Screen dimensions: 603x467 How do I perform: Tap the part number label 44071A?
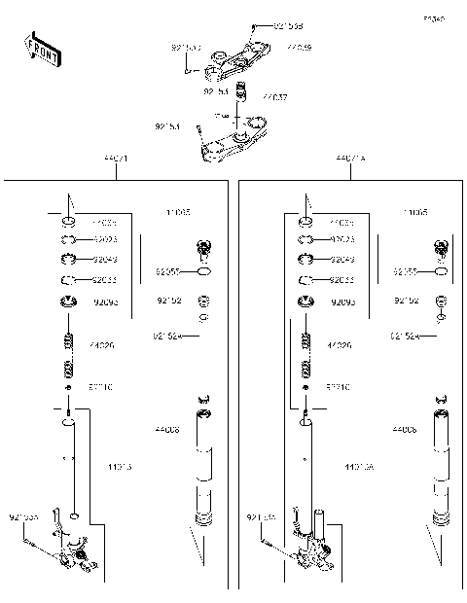350,158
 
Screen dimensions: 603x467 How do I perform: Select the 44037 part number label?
274,97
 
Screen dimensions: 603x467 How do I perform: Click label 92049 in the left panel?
105,260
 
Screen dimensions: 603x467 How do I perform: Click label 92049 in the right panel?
342,260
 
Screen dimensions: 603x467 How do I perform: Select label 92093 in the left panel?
105,302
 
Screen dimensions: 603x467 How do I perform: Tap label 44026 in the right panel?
340,345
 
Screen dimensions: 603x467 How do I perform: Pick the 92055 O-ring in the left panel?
203,273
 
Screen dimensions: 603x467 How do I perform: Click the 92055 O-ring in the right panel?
441,273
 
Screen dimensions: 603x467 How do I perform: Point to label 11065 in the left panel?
177,211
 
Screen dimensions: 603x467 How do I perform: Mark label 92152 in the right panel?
406,301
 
